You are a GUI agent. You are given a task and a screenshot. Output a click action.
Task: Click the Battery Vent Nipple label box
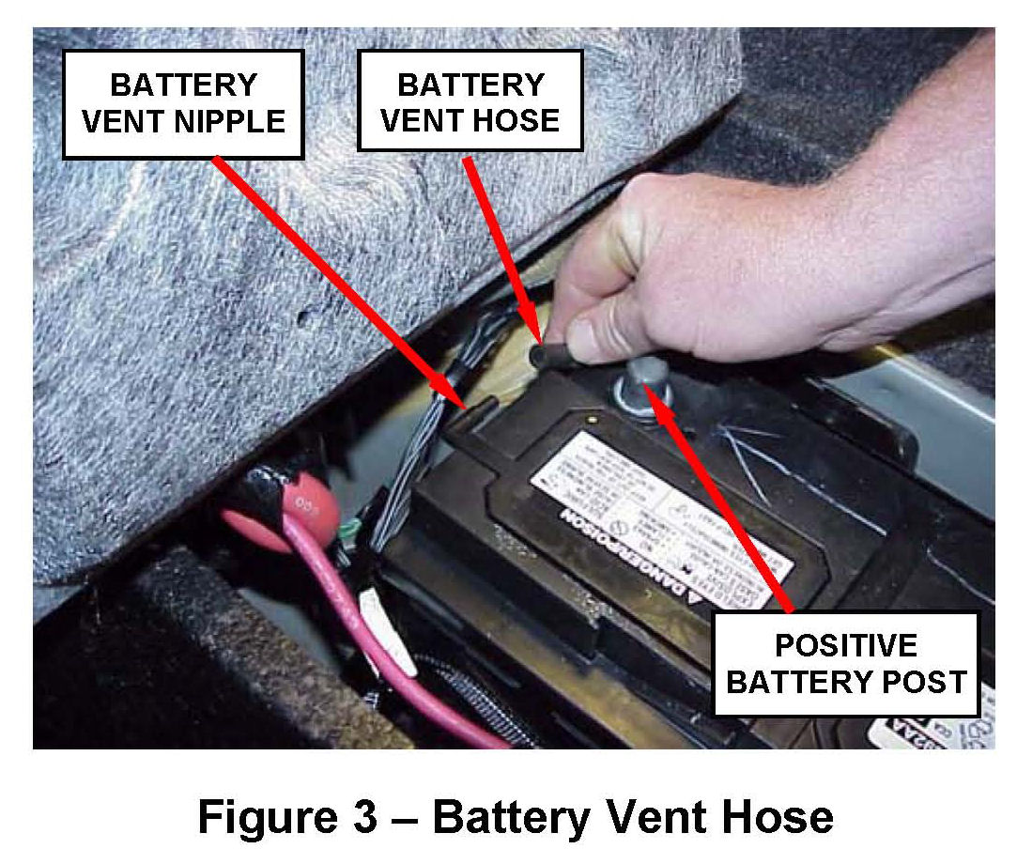(183, 103)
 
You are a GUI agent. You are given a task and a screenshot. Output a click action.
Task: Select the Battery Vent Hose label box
(470, 101)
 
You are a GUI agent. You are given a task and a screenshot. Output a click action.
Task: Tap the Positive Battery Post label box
(846, 664)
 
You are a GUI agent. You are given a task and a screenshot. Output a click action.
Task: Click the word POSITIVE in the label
(846, 646)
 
